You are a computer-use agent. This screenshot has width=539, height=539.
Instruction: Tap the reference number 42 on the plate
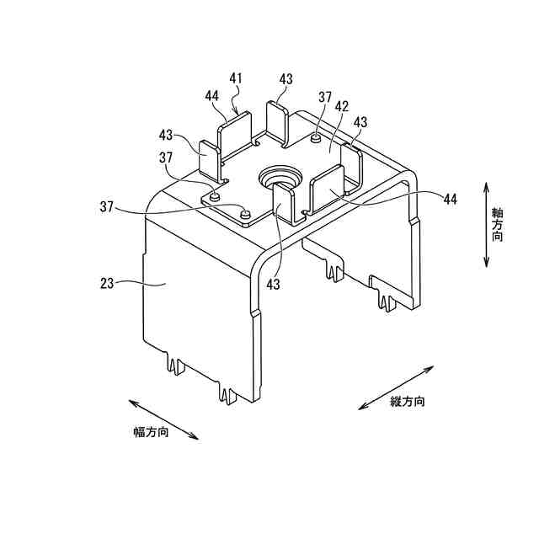coord(342,107)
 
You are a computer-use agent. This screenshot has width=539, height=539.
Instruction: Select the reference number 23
coord(107,284)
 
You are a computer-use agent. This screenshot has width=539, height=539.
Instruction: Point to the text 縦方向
coord(408,402)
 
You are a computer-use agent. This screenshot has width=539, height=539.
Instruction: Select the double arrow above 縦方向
coord(397,387)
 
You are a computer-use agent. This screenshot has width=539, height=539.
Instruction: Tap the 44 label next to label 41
coord(212,95)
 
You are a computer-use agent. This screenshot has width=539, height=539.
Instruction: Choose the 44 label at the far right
coord(450,199)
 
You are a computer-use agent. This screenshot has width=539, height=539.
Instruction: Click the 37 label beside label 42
coord(326,97)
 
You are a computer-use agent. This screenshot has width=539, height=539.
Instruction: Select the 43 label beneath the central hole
coord(272,285)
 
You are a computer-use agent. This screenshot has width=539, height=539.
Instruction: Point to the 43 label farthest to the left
coord(165,135)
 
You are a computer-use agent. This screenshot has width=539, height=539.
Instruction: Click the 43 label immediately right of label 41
coord(286,78)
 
